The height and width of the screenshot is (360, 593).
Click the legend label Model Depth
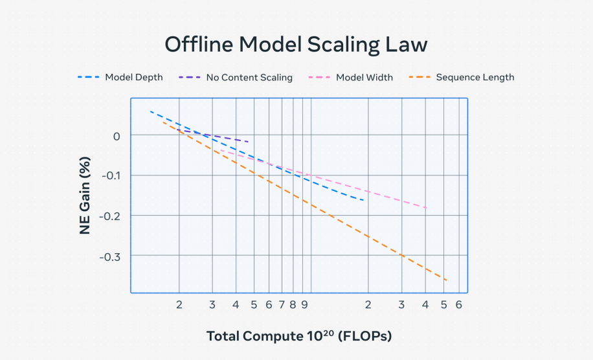(x=134, y=78)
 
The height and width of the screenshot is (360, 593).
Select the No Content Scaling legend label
(x=249, y=78)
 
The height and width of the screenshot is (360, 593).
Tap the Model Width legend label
(x=364, y=78)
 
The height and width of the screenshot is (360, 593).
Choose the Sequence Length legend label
(x=475, y=78)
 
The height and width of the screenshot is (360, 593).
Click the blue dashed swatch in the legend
(x=89, y=77)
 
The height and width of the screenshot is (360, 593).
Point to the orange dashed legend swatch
(x=420, y=77)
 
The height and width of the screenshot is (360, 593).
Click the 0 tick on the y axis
(x=117, y=137)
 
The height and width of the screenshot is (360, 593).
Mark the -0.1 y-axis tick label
(x=111, y=176)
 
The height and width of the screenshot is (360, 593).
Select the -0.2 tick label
(x=109, y=216)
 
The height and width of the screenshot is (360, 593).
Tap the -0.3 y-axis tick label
(x=109, y=257)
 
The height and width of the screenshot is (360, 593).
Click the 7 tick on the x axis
(x=282, y=305)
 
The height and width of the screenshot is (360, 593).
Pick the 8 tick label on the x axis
(x=293, y=305)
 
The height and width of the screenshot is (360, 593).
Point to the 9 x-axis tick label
(x=304, y=305)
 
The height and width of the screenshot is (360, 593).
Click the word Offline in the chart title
(x=199, y=44)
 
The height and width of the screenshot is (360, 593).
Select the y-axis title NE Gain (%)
(x=85, y=196)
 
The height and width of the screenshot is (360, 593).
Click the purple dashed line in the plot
(x=212, y=135)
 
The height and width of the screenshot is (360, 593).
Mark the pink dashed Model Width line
(x=324, y=179)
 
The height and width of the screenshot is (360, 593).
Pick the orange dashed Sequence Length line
(x=305, y=201)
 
